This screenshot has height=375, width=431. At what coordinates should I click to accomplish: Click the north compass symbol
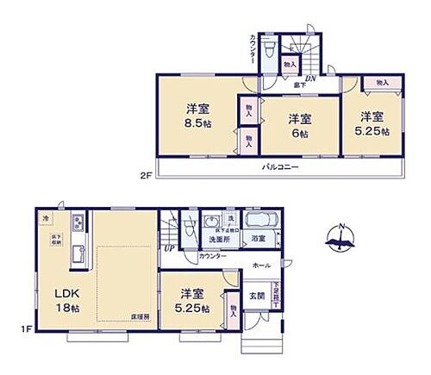[340, 235]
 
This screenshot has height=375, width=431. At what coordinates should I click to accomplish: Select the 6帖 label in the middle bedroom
[297, 134]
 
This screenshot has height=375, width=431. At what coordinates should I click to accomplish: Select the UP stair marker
[169, 249]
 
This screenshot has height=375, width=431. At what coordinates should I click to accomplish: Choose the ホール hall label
[260, 265]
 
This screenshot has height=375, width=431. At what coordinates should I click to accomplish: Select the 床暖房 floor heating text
[141, 318]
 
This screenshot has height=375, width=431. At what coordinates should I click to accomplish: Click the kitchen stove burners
[78, 226]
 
